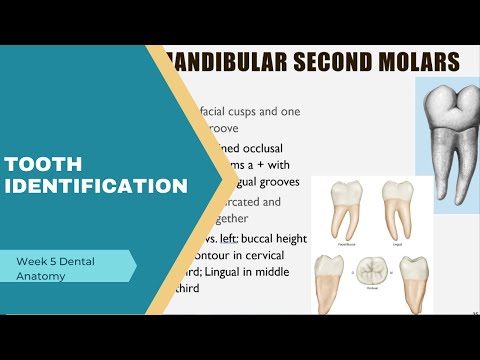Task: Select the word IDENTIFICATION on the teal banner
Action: pos(96,186)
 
